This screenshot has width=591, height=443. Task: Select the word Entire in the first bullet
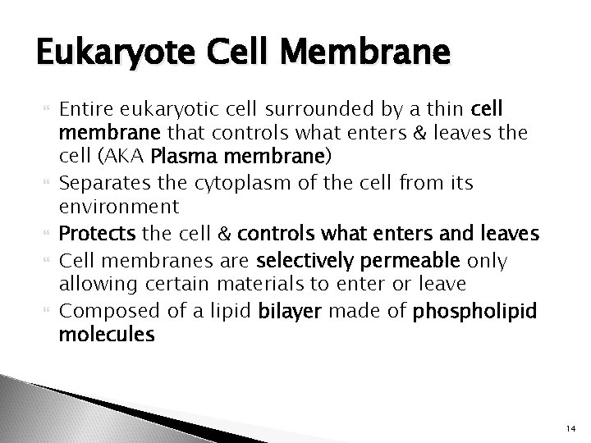tap(88, 110)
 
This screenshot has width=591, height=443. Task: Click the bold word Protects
tap(98, 235)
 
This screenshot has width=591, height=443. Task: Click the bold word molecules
tap(107, 335)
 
